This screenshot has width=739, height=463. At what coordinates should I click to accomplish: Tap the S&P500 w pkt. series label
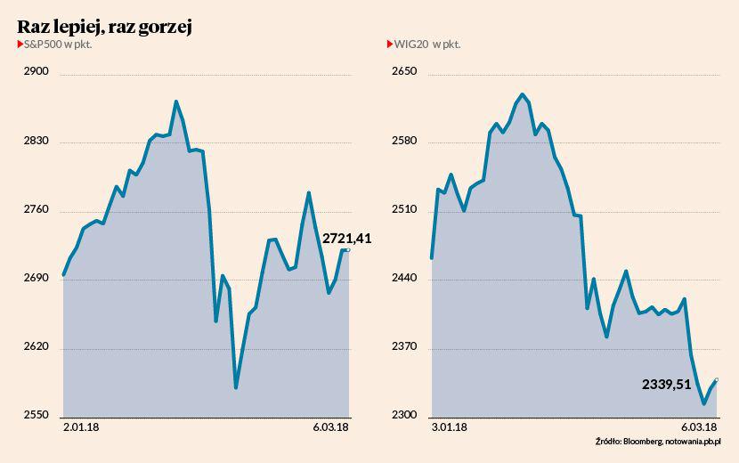tap(57, 44)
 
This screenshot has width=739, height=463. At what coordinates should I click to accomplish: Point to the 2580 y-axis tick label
tap(405, 142)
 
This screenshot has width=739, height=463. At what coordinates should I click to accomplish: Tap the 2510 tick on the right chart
tap(405, 210)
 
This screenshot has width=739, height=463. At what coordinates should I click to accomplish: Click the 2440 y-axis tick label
tap(405, 279)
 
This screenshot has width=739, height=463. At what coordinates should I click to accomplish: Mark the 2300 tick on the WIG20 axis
tap(405, 416)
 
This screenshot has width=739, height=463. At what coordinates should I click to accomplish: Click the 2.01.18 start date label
tap(81, 427)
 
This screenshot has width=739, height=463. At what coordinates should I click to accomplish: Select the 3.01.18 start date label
tap(449, 427)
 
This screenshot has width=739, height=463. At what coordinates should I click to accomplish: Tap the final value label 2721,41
tap(346, 238)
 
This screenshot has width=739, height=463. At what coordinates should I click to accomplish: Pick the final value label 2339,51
tap(666, 385)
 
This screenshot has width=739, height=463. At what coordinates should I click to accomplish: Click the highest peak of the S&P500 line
tap(176, 102)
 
